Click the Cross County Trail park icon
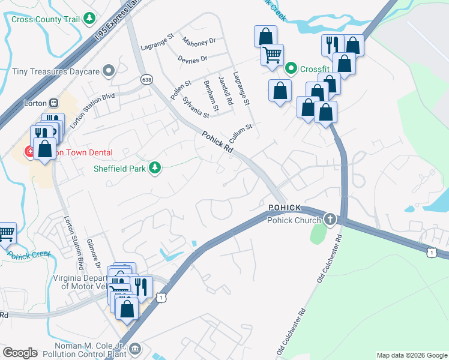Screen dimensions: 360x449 click(89, 19)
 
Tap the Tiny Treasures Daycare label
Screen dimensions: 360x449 click(56, 71)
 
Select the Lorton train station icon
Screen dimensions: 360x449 click(53, 103)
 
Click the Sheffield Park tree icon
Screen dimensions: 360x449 click(155, 168)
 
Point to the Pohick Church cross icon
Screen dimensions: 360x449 click(330, 220)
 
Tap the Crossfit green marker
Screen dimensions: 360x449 click(291, 69)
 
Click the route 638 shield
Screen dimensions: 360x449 click(146, 79)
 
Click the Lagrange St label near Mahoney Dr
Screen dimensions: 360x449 click(157, 41)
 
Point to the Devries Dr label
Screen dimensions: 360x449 click(192, 59)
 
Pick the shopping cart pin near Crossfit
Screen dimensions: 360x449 click(272, 56)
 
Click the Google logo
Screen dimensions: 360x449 click(20, 352)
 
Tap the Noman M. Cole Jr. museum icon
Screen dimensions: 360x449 click(136, 349)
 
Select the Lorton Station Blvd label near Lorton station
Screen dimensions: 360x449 click(83, 110)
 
